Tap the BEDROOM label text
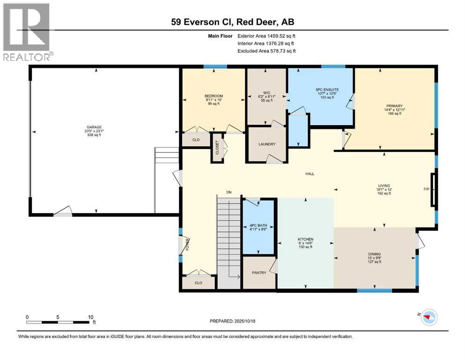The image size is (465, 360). tap(213, 96)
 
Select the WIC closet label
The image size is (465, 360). tap(267, 92)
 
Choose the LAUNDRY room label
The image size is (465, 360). tap(266, 144)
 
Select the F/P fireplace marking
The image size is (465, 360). tap(426, 190)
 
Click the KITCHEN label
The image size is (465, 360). tap(305, 239)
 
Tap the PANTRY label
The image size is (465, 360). tap(259, 273)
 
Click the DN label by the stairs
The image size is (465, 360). tap(229, 192)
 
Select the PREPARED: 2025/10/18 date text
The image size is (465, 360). tap(233, 321)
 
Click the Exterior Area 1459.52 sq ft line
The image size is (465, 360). tap(266, 36)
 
